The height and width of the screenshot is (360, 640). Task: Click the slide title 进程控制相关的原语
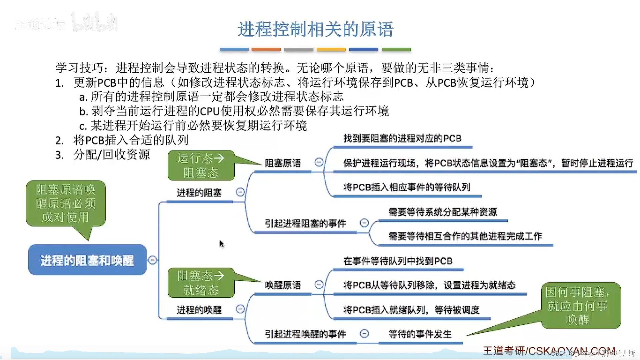coord(315,29)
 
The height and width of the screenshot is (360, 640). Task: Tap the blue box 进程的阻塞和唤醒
coord(87,260)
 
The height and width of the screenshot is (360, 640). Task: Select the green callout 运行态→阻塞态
coord(201,165)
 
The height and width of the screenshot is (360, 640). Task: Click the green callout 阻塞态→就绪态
coord(201,283)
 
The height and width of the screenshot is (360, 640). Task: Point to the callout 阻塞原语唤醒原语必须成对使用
coord(66,203)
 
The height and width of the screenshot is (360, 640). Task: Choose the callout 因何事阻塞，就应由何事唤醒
coord(581,305)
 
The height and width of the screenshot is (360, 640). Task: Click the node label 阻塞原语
coord(283,163)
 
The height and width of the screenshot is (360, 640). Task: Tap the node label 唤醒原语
coord(283,285)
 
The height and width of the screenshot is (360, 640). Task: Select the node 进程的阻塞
coord(199,193)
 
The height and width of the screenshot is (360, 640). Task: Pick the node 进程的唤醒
coord(199,310)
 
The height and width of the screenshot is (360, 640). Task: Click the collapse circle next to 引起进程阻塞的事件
coord(364,223)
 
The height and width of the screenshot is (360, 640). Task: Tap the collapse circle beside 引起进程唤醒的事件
coord(364,333)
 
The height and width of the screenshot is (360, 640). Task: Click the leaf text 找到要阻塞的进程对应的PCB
coord(402,138)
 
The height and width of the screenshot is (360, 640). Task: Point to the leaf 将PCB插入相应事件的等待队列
coord(407,187)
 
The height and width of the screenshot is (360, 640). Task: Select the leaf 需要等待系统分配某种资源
coord(443,212)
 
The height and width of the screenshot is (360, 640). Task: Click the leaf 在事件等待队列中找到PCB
coord(398,261)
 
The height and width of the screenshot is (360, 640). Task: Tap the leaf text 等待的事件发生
coord(420,334)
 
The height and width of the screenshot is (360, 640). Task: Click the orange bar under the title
coord(266,49)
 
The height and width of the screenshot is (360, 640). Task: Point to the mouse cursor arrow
coord(222,244)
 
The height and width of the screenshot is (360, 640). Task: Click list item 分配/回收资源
coord(111,155)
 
